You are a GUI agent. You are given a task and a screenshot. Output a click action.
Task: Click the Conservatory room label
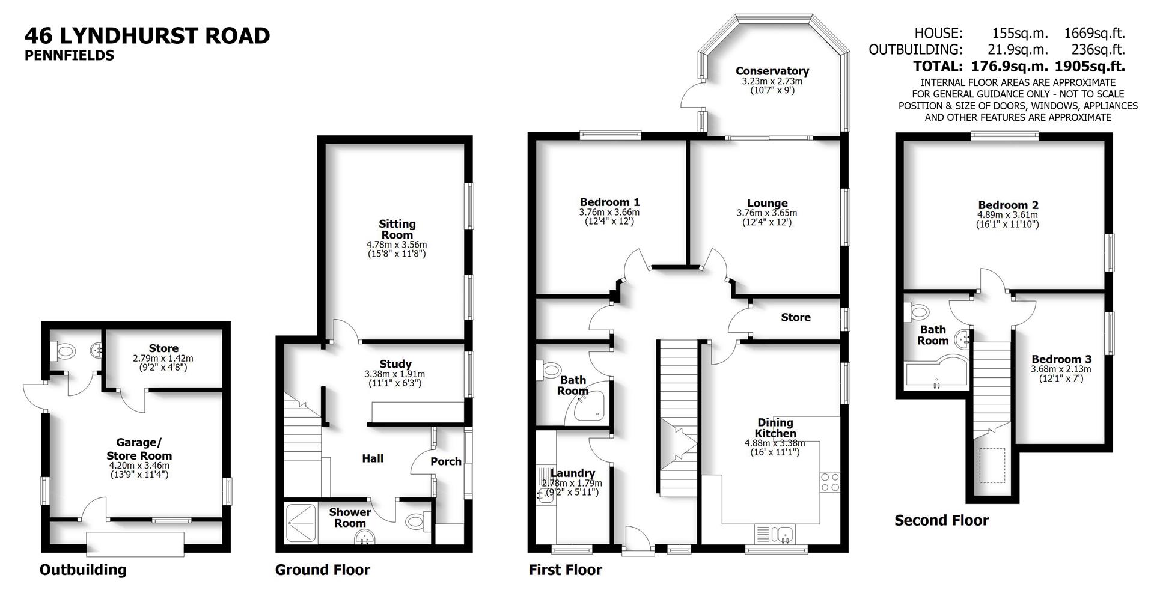(x=772, y=71)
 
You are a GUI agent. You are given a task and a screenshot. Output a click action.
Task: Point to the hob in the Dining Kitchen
(x=830, y=482)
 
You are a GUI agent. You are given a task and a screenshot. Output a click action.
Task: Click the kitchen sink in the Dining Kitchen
(x=784, y=533)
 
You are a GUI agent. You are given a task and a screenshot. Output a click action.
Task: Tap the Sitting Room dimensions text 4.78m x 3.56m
(x=396, y=245)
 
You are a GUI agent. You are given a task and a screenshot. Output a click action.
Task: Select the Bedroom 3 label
(x=1061, y=359)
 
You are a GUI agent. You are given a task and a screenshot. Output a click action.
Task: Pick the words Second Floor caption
(x=941, y=520)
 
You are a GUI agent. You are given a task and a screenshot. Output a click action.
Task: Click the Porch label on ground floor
(x=446, y=461)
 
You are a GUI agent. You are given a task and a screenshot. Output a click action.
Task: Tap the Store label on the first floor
(x=795, y=317)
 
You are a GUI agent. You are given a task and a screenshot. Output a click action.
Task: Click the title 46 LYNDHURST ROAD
(x=147, y=36)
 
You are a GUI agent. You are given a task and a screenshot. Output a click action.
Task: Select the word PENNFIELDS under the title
(x=69, y=56)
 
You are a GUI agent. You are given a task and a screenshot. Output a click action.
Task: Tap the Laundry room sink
(x=546, y=493)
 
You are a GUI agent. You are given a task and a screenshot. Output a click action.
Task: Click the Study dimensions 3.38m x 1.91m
(x=394, y=374)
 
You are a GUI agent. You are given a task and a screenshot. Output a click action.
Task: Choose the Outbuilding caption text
(x=83, y=570)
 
